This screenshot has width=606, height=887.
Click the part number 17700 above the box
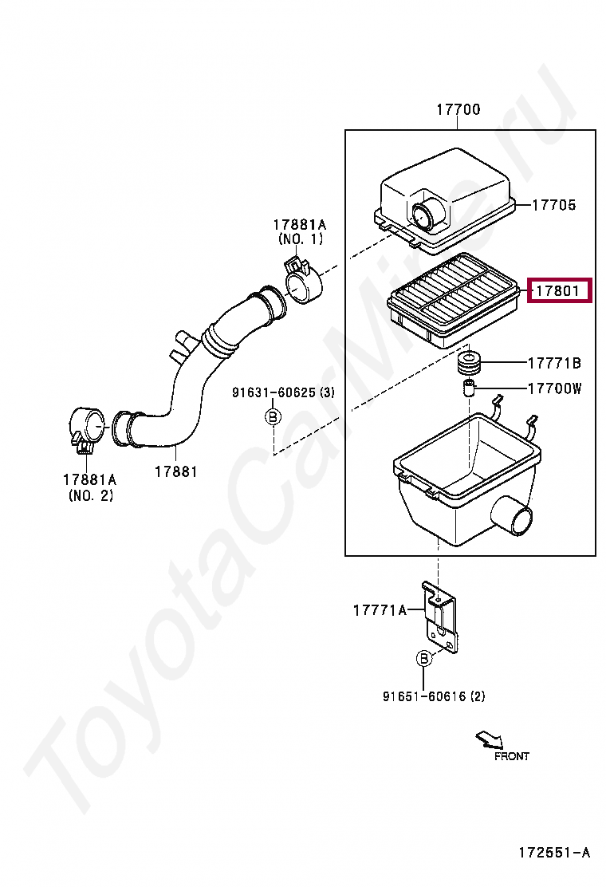click(x=458, y=109)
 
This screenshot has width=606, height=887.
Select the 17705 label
click(x=554, y=205)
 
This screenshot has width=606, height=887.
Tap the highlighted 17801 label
click(x=558, y=291)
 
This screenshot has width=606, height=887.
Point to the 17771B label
click(x=554, y=363)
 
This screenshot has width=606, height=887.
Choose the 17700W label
click(x=554, y=388)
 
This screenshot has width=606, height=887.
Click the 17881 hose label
click(x=175, y=471)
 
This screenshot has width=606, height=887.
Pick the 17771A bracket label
click(x=380, y=609)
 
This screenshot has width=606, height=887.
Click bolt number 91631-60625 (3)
click(x=283, y=392)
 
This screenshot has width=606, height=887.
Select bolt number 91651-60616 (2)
click(x=434, y=696)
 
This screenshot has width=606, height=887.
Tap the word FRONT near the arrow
click(x=512, y=756)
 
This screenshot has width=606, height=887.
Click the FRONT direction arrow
click(x=489, y=739)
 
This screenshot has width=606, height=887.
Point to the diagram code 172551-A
click(x=554, y=852)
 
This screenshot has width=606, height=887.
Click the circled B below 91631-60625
click(x=273, y=417)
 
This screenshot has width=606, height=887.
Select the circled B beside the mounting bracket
click(x=423, y=658)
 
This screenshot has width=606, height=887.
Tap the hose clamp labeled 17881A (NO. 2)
click(x=89, y=428)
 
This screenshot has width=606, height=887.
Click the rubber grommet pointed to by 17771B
click(x=468, y=363)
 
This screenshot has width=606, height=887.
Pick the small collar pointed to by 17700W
click(x=467, y=388)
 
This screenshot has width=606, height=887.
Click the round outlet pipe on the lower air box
click(x=512, y=516)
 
